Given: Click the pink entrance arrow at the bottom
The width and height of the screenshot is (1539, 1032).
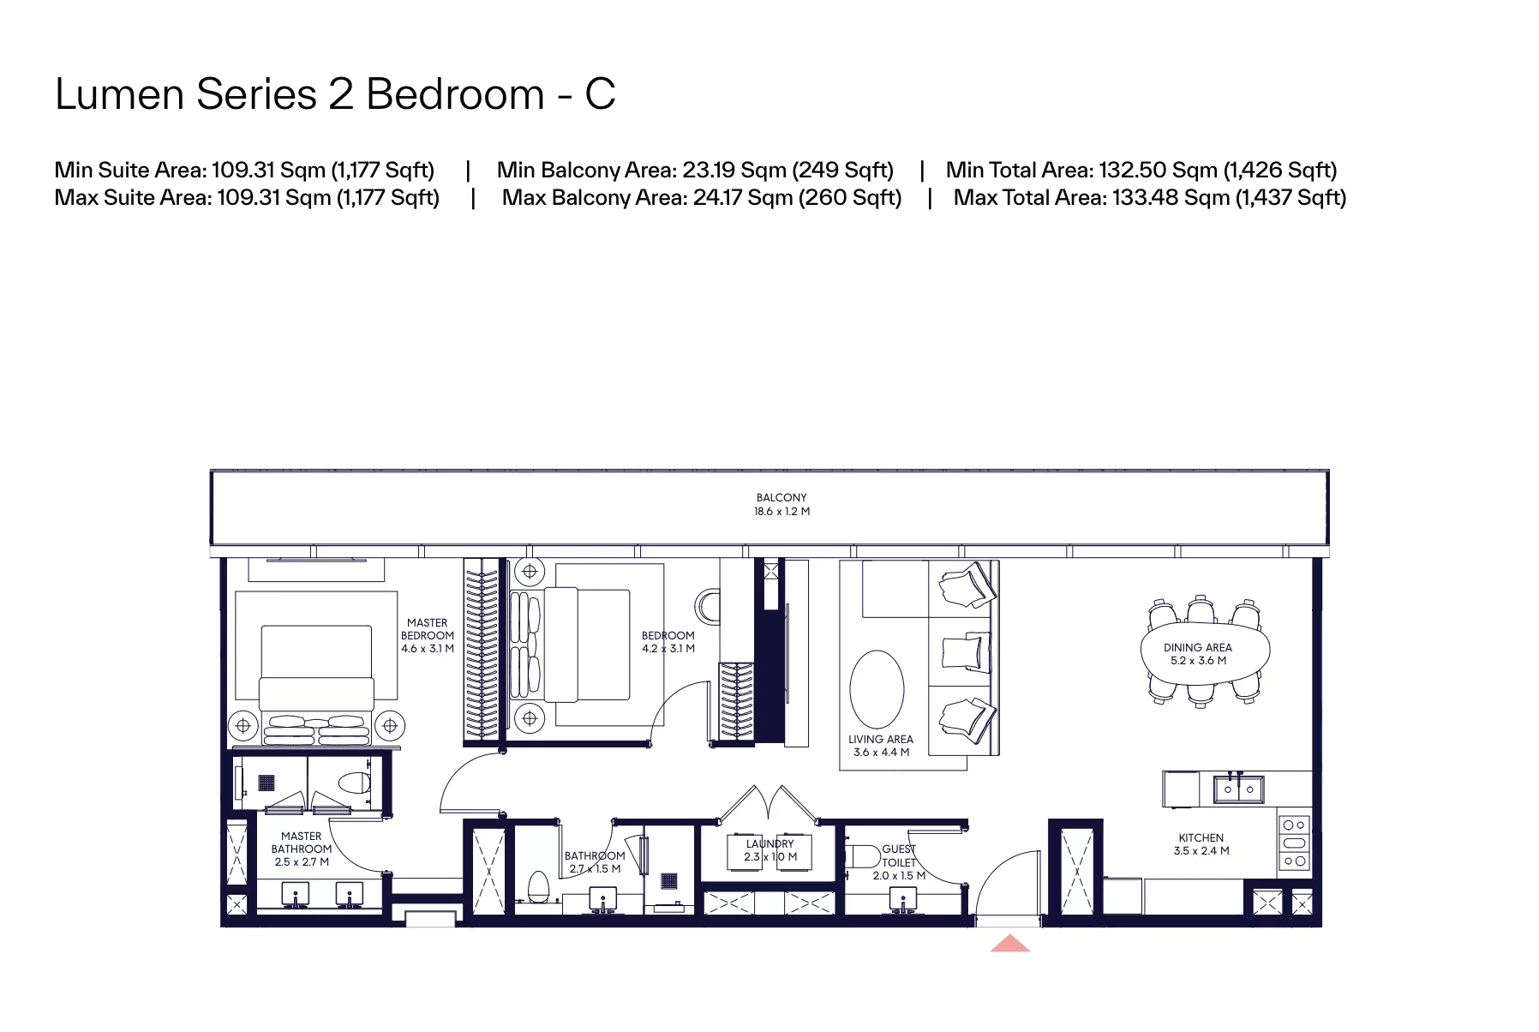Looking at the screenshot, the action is click(1010, 943).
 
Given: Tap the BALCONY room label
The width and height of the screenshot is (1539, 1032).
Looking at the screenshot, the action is click(781, 497).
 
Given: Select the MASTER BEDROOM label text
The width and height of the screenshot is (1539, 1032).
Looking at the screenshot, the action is click(428, 629).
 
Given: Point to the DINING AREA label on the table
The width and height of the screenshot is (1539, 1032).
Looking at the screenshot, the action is click(1198, 647).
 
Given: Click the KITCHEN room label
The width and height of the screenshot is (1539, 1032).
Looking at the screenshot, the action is click(1201, 837).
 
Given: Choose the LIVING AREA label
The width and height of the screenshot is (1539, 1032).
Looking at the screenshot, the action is click(881, 739).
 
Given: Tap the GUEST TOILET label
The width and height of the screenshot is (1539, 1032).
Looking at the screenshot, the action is click(899, 855).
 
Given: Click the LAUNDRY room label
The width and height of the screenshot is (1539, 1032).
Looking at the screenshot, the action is click(769, 843).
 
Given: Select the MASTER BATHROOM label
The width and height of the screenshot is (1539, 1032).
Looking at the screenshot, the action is click(302, 843).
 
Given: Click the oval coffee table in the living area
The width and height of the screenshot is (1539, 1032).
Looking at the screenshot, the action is click(877, 689).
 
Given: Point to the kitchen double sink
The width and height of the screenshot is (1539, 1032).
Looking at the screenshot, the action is click(1238, 789).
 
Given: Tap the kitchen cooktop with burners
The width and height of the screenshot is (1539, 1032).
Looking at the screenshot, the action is click(1294, 843).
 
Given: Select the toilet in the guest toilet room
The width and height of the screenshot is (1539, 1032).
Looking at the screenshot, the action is click(863, 856).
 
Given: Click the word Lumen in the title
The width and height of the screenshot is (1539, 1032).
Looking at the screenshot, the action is click(119, 94).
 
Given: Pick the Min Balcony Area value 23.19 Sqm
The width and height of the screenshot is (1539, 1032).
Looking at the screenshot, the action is click(734, 170).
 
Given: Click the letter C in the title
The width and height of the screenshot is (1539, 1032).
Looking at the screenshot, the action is click(600, 94).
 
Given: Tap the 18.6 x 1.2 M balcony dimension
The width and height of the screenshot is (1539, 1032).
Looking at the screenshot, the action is click(781, 511).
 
